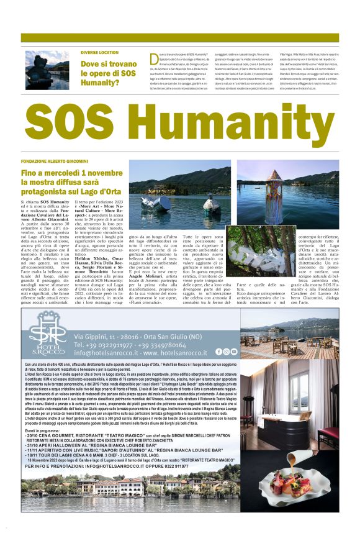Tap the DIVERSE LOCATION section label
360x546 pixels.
click(x=99, y=53)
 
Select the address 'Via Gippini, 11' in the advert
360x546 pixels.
click(x=106, y=335)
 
